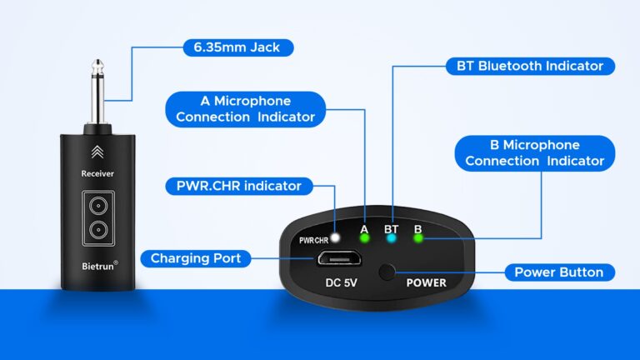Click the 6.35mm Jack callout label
[238, 47]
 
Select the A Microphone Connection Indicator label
[246, 108]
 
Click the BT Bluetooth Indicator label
[531, 65]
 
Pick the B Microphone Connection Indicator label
[534, 153]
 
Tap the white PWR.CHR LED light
[336, 238]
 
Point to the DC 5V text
[340, 282]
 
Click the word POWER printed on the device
[426, 282]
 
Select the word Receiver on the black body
[97, 173]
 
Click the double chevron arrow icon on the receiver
[97, 151]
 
